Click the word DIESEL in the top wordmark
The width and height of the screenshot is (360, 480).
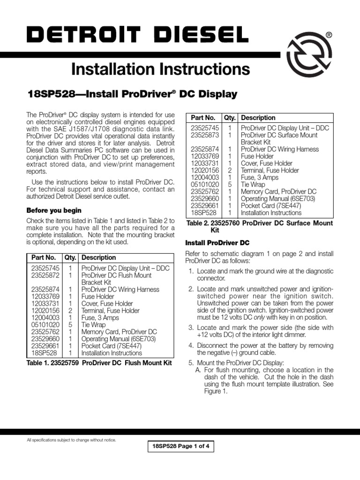click(x=195, y=35)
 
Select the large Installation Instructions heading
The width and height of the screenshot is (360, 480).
click(x=160, y=69)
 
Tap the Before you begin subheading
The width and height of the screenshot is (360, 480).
click(x=54, y=210)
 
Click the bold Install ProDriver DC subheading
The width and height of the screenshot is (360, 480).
click(x=217, y=243)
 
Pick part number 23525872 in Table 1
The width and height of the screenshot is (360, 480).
click(x=45, y=276)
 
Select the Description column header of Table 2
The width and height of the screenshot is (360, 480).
click(x=258, y=118)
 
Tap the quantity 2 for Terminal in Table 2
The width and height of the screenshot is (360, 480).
click(x=230, y=171)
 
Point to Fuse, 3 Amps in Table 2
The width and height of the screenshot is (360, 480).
click(x=259, y=178)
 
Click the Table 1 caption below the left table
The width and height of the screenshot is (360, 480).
click(x=99, y=363)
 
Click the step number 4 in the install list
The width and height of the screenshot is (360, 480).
click(x=191, y=345)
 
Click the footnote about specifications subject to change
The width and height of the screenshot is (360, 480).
click(x=71, y=440)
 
